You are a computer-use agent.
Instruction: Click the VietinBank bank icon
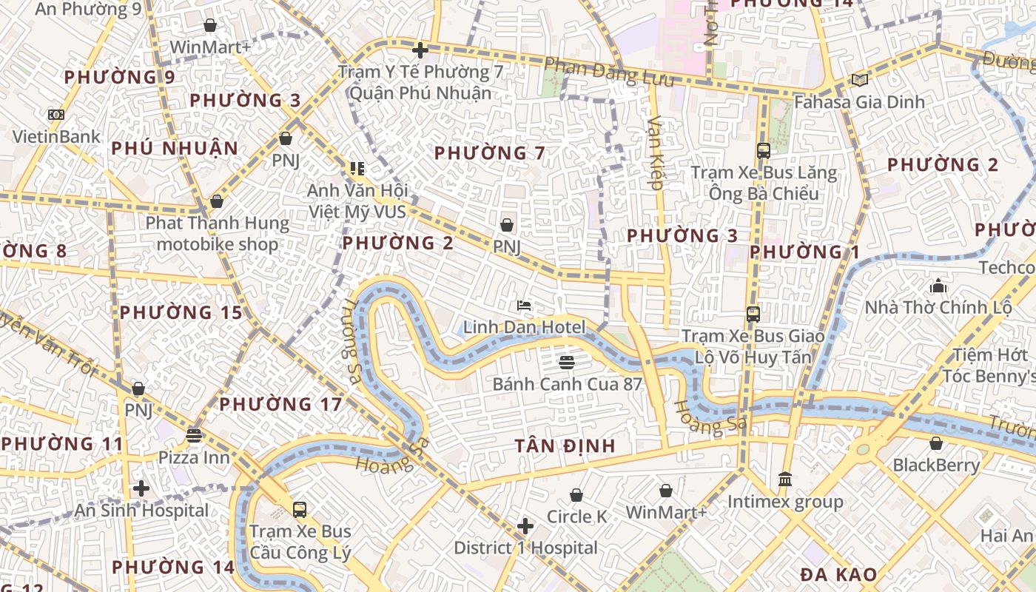point(55,115)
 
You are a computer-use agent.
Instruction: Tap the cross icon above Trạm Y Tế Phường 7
point(420,50)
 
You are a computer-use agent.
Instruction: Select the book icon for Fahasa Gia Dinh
point(859,79)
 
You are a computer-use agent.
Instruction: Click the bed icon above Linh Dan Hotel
point(524,305)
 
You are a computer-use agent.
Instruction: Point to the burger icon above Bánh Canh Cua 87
point(567,362)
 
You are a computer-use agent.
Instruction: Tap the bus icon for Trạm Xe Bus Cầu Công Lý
point(300,509)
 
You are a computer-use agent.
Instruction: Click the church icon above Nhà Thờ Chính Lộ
point(938,285)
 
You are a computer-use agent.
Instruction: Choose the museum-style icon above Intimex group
point(785,480)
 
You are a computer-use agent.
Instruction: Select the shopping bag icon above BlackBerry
point(936,443)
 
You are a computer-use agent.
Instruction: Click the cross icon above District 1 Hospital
point(525,526)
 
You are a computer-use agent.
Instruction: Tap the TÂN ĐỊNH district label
point(566,445)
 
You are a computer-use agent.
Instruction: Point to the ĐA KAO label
point(838,574)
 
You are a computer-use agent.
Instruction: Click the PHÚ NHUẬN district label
point(175,148)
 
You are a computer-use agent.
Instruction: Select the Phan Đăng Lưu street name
point(609,73)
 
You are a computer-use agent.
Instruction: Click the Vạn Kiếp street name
point(656,152)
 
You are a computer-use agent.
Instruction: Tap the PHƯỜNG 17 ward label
point(280,404)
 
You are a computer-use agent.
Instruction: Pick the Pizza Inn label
point(194,457)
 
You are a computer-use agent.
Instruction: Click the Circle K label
point(576,517)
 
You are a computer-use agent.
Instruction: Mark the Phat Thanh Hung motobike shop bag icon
point(217,201)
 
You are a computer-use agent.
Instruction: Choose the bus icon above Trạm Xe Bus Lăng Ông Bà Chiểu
point(764,151)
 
